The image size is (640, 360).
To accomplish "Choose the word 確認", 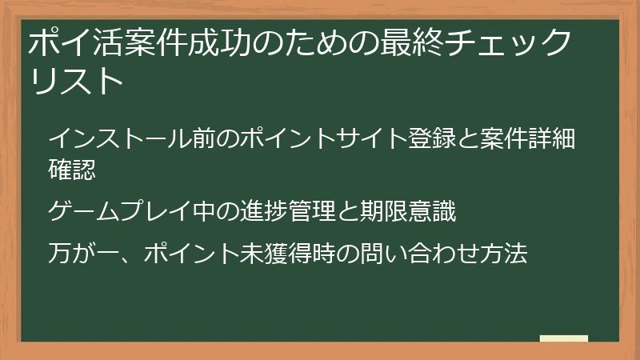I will tap(72, 169).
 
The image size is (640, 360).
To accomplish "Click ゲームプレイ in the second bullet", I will tap(122, 212).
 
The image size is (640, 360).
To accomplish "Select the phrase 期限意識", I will tap(409, 212).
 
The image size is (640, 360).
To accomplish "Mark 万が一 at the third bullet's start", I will tap(85, 255).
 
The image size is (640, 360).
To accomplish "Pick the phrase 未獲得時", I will tap(289, 255).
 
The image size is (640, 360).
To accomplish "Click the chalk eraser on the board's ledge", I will tap(563, 338).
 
